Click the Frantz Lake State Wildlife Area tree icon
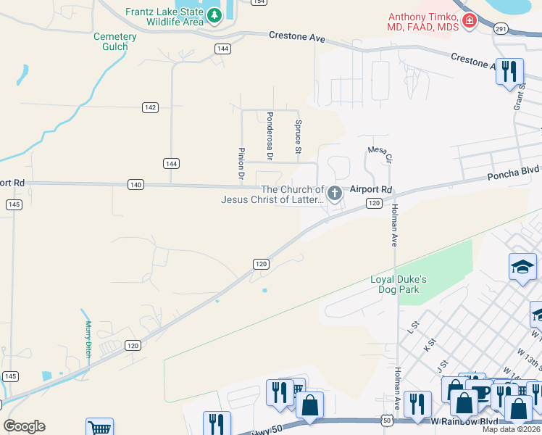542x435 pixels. (214, 15)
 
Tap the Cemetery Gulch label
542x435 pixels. (114, 41)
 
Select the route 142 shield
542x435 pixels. (150, 107)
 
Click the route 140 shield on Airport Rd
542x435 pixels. (135, 185)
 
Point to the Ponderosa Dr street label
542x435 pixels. (270, 136)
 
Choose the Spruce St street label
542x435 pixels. (298, 137)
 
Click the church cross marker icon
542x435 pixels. (334, 193)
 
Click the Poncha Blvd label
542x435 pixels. (513, 172)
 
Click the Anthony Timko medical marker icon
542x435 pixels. (470, 20)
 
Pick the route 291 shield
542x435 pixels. (501, 28)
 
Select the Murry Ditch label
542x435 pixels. (88, 339)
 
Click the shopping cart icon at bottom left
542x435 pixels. (99, 428)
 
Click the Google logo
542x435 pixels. (24, 426)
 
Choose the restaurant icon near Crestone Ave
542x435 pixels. (509, 71)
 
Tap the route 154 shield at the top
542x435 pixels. (258, 2)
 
